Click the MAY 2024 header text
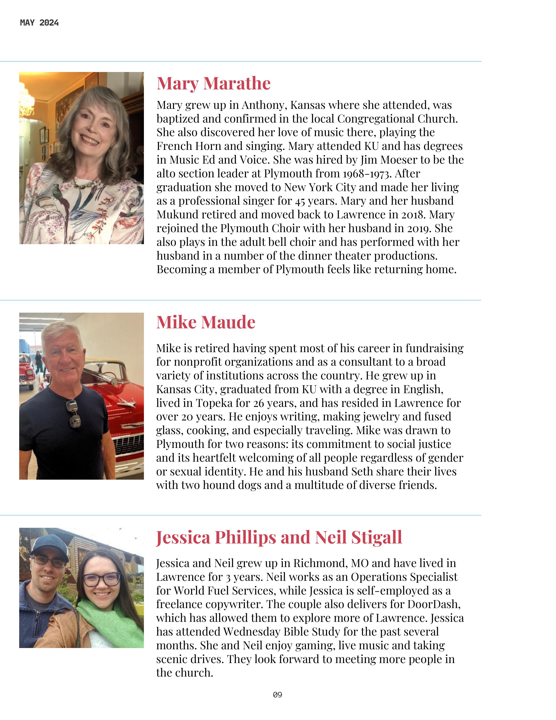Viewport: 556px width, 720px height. coord(39,23)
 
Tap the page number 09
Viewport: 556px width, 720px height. coord(277,695)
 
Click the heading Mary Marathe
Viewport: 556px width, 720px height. coord(213,83)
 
